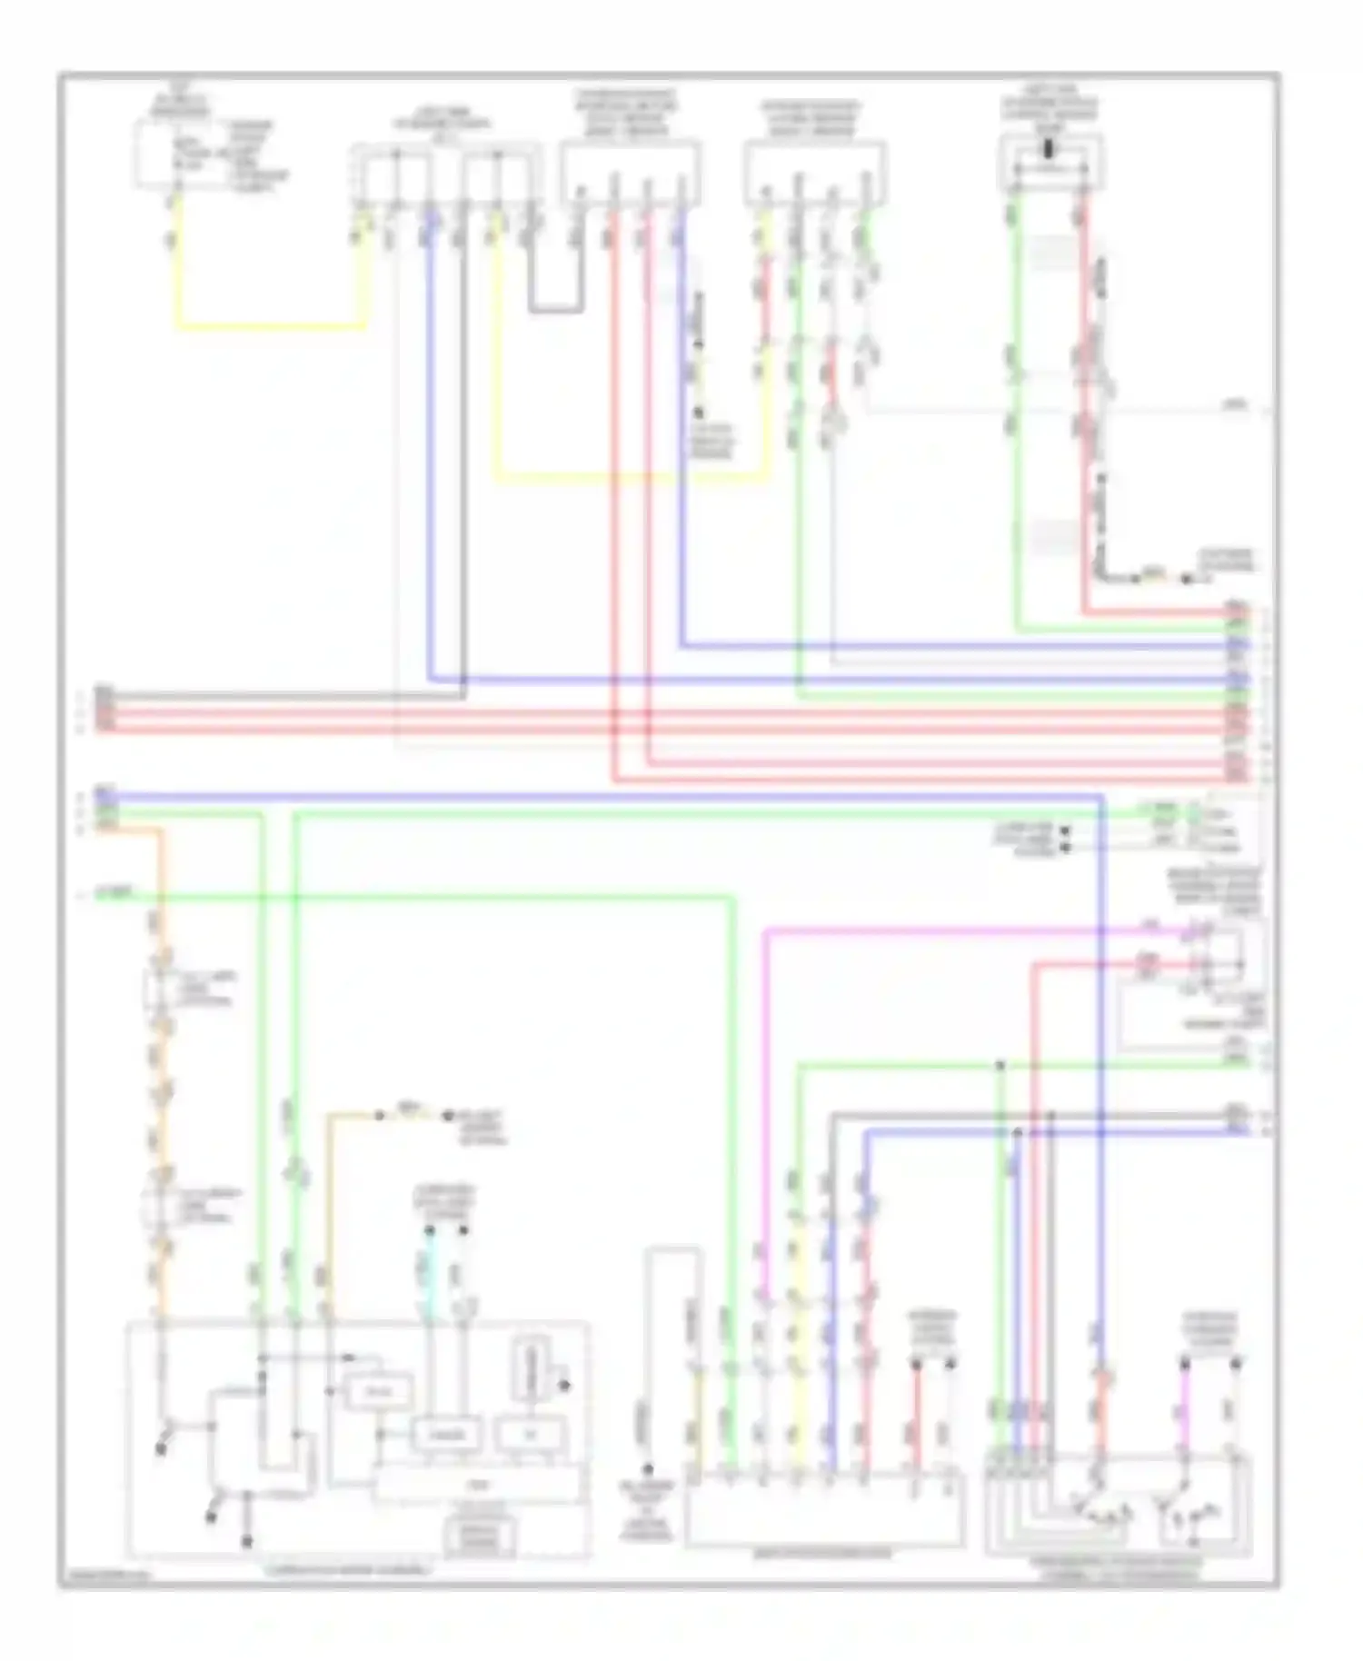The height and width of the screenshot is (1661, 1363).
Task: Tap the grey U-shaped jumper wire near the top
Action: click(x=555, y=309)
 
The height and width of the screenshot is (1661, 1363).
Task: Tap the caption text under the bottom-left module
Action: click(x=349, y=1569)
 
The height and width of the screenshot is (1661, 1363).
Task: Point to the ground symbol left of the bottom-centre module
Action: click(x=646, y=1470)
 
